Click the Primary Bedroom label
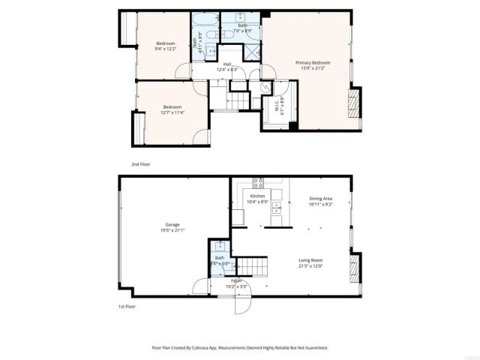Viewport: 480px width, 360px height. (x=313, y=62)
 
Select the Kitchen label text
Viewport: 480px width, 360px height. (x=258, y=196)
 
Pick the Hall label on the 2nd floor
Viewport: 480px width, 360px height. (x=226, y=64)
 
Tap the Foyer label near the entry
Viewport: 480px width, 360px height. (x=236, y=280)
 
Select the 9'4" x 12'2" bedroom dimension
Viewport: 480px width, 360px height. (x=165, y=49)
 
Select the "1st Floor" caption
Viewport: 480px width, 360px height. (x=126, y=307)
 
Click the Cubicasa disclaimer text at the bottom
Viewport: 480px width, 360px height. (x=240, y=348)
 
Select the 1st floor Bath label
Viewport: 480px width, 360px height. (x=220, y=259)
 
